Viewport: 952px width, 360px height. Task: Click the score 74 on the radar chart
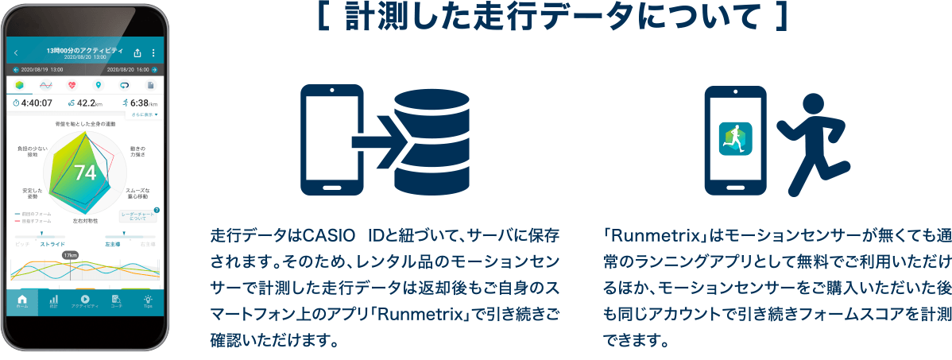(84, 172)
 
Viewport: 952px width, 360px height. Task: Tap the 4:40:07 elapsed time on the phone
(33, 103)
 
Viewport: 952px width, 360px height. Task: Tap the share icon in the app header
(137, 53)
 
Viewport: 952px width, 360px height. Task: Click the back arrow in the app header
(16, 53)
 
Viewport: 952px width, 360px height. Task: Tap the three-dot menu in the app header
(153, 53)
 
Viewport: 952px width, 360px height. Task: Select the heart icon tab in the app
(72, 85)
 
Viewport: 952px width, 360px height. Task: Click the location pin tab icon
(98, 85)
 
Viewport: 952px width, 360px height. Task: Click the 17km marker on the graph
(70, 255)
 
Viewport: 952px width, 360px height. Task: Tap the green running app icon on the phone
(735, 139)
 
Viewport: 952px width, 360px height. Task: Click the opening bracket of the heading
(324, 18)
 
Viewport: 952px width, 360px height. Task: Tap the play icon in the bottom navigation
(85, 299)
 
